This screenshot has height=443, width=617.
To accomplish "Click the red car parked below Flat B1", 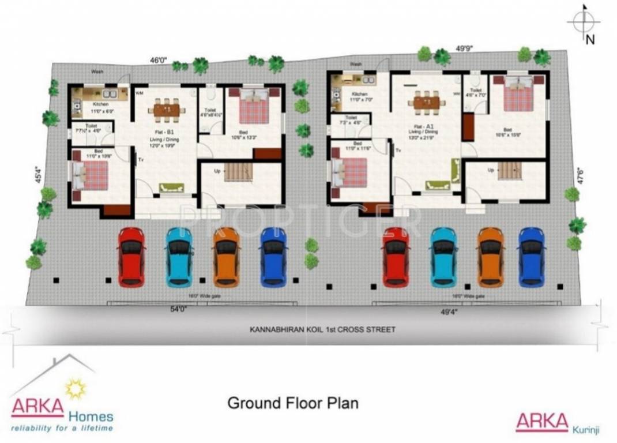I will [131, 257].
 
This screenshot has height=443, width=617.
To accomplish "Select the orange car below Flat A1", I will [491, 257].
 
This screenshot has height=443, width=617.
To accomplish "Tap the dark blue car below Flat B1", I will [273, 257].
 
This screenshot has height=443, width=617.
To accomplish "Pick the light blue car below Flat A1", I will [443, 257].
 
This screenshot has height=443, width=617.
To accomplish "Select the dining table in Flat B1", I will [166, 109].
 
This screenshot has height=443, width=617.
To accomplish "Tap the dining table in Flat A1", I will [426, 102].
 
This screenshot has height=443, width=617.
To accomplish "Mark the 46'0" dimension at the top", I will [159, 59].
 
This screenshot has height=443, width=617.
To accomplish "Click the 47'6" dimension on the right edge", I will [581, 175].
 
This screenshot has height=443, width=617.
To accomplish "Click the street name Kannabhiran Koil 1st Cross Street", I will [322, 330].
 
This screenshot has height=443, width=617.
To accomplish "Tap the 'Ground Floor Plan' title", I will [293, 402].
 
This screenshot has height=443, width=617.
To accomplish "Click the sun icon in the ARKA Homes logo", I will [76, 389].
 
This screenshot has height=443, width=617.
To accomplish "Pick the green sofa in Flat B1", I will [171, 187].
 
